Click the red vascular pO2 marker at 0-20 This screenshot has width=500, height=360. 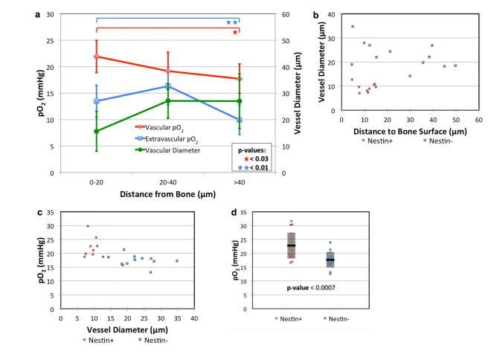coord(97,57)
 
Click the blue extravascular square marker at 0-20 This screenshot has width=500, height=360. coord(97,101)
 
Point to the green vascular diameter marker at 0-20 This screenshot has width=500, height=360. coord(97,132)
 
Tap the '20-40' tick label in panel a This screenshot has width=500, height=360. coord(168,182)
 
